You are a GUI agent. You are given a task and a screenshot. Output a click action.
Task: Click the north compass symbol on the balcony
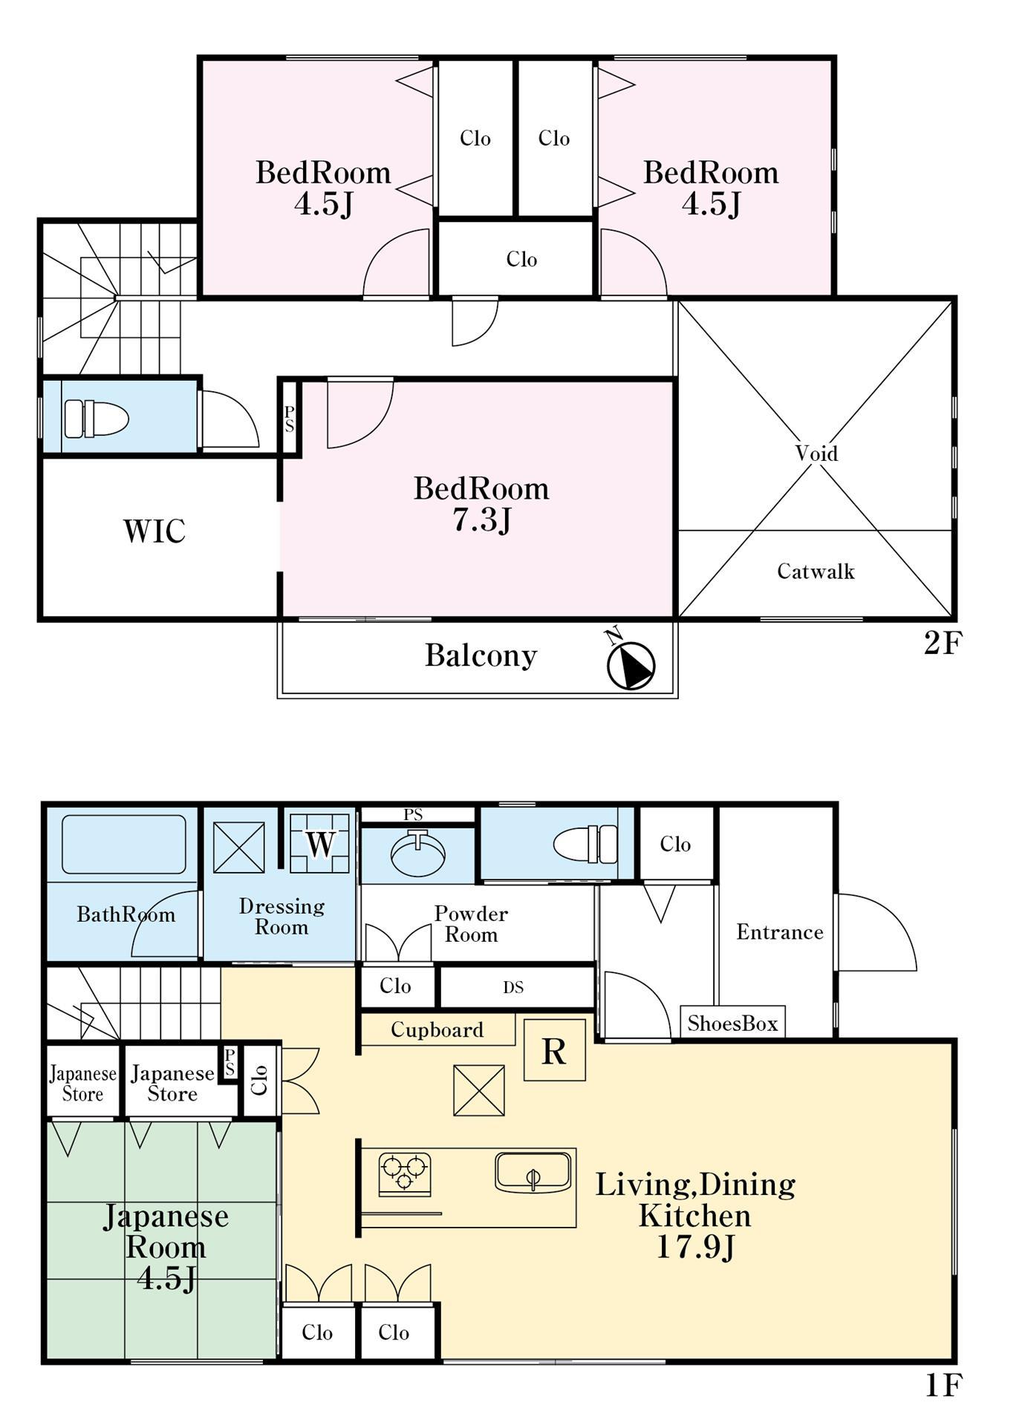[x=631, y=663]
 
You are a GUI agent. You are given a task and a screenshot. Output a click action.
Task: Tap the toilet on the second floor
[x=97, y=419]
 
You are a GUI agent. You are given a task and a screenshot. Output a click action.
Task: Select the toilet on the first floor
[x=586, y=844]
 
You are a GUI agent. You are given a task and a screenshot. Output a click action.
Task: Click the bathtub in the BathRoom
[x=123, y=845]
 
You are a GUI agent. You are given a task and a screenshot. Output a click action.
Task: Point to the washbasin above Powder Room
[x=418, y=854]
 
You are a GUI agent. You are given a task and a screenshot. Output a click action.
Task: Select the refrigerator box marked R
[x=555, y=1050]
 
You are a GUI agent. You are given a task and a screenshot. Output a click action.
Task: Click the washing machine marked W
[x=319, y=843]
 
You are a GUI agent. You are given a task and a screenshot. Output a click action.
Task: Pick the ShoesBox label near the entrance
[x=732, y=1023]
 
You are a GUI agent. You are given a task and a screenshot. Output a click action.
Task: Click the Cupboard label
[x=437, y=1029]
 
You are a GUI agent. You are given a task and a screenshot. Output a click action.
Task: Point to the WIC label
[x=154, y=531]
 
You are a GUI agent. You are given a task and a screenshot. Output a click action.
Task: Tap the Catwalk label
[x=816, y=571]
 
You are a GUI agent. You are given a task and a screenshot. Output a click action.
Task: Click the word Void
[x=816, y=453]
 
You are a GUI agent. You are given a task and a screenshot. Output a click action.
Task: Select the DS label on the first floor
[x=513, y=987]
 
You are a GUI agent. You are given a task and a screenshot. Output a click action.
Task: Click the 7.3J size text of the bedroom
[x=481, y=520]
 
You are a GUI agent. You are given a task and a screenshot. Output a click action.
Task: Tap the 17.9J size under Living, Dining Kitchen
[x=695, y=1246]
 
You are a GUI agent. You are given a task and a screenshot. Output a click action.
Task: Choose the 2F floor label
[x=942, y=643]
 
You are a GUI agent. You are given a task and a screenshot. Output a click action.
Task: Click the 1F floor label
[x=943, y=1385]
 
